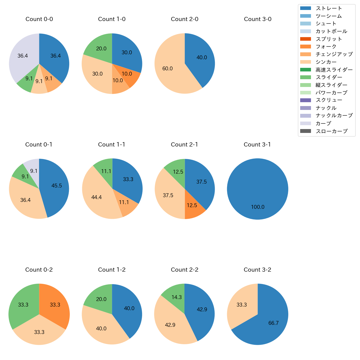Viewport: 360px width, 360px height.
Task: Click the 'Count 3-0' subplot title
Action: [258, 19]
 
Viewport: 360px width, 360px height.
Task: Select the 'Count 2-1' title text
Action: [184, 145]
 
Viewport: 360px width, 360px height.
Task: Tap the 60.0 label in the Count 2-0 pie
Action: [168, 68]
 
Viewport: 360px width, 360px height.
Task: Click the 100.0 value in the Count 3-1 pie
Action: [258, 207]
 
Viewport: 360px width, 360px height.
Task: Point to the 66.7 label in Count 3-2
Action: [273, 323]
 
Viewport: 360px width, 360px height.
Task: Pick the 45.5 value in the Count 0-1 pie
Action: [56, 186]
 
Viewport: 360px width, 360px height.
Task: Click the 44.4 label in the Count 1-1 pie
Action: [96, 197]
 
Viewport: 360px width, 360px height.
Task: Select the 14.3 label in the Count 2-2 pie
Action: [176, 297]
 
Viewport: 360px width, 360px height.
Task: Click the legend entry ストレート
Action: [329, 8]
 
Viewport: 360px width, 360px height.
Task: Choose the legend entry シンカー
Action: [326, 62]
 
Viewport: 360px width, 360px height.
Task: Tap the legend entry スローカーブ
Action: [331, 131]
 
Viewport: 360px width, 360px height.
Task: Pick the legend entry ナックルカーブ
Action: [334, 115]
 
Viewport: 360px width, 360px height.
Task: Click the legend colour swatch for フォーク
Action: [305, 47]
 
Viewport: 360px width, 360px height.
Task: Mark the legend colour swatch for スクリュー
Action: [305, 100]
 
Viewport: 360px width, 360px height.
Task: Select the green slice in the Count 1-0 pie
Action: [100, 47]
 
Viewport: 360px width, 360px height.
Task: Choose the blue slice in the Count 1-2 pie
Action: [127, 310]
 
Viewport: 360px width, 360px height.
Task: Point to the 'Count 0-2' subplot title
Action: [39, 270]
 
